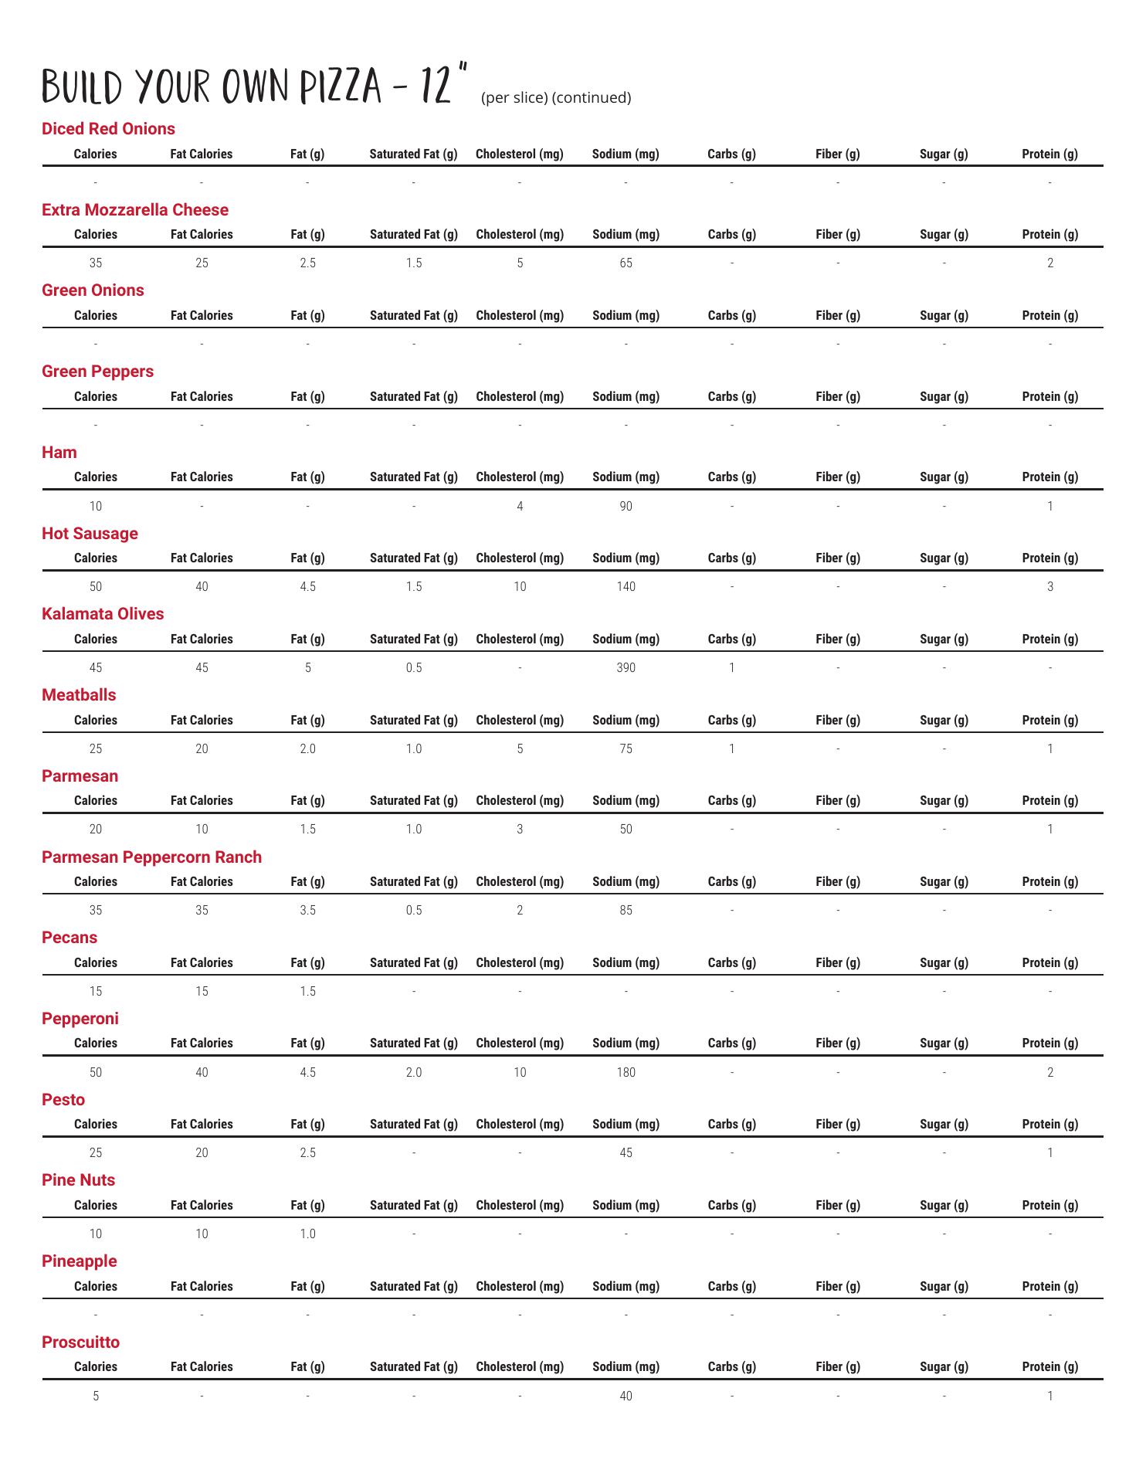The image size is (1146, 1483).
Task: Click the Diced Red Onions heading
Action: (x=108, y=129)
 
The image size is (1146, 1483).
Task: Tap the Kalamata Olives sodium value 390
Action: (x=626, y=667)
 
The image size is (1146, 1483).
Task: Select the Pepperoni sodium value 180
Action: (x=626, y=1072)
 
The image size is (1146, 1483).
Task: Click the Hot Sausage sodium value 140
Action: (x=626, y=586)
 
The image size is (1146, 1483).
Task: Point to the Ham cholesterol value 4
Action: (x=520, y=506)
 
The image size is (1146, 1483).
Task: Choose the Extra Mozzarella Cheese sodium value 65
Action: (x=626, y=263)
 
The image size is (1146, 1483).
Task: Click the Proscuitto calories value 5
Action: (x=96, y=1396)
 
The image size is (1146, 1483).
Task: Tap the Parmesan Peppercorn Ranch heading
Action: (x=151, y=857)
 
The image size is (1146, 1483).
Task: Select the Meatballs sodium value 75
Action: (x=626, y=748)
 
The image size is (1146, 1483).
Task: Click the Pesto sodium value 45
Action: (x=626, y=1152)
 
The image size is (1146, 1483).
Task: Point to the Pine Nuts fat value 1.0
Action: (x=307, y=1234)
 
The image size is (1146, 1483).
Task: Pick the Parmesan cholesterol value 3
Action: (x=520, y=829)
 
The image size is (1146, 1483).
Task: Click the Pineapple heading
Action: (x=79, y=1261)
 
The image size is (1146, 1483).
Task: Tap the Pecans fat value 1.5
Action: (x=307, y=991)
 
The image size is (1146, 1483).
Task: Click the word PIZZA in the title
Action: (x=341, y=87)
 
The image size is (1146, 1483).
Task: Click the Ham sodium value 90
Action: (x=626, y=506)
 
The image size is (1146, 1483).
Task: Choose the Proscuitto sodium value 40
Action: (x=626, y=1396)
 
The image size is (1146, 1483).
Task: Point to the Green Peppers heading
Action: (x=97, y=372)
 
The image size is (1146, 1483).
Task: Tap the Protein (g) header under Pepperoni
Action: (x=1049, y=1043)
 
